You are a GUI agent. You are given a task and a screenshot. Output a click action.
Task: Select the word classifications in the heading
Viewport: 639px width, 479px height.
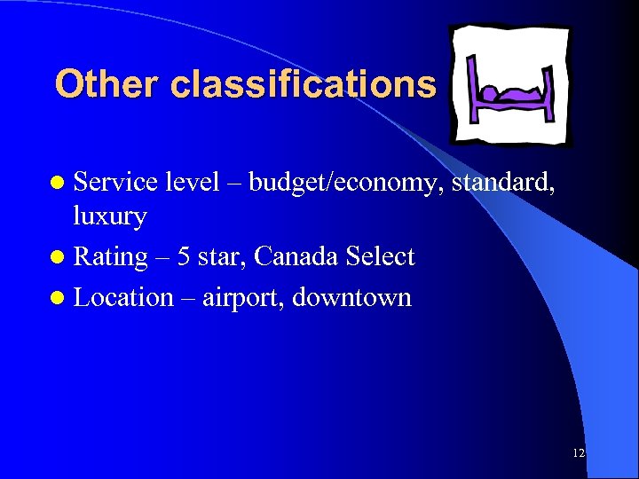(304, 85)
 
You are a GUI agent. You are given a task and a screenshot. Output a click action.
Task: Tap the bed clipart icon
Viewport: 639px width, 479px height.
(510, 84)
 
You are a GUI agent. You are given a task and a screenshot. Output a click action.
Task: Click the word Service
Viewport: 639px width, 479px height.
(114, 183)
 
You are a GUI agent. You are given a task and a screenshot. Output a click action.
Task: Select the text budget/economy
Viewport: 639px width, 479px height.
(346, 184)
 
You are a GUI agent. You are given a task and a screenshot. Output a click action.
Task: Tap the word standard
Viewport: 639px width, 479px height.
(503, 183)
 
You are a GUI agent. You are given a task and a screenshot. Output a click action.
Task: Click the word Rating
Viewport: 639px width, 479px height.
(110, 257)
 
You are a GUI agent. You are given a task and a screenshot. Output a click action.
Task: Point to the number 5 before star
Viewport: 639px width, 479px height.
(183, 257)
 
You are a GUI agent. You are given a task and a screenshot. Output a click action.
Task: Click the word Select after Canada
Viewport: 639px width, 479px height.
(380, 257)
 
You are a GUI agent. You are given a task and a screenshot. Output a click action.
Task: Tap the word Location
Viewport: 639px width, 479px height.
(123, 297)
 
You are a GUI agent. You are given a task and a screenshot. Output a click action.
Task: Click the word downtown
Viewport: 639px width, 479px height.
(351, 297)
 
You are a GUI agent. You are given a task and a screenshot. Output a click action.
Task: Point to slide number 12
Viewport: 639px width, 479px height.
(579, 453)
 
